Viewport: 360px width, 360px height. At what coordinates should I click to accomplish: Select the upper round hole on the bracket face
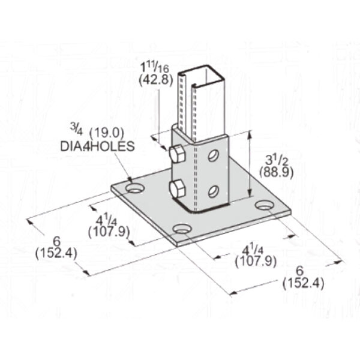click(x=212, y=157)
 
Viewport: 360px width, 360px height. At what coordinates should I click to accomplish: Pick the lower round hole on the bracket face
click(x=212, y=191)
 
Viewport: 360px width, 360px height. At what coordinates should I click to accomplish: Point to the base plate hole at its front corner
click(x=182, y=229)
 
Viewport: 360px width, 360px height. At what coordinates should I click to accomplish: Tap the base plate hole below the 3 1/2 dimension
click(x=264, y=206)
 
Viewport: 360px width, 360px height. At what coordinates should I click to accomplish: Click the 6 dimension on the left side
click(x=56, y=240)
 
